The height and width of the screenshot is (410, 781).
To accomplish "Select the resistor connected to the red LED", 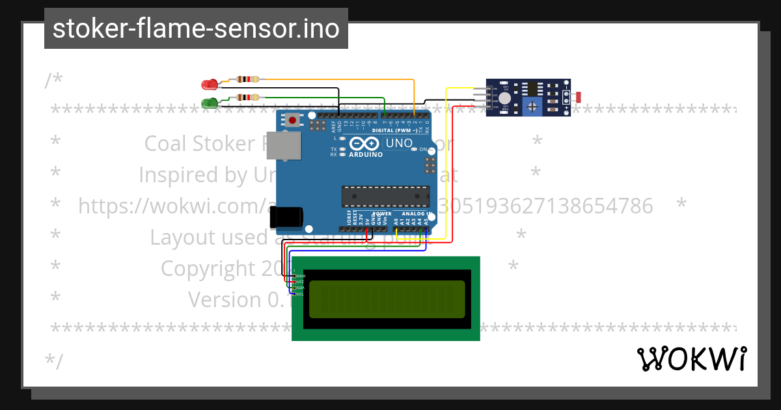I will coord(247,79).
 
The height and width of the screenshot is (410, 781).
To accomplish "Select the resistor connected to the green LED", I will coord(247,98).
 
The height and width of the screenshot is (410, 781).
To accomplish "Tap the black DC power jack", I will coord(287,217).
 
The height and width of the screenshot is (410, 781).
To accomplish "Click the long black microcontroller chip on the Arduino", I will coord(385,195).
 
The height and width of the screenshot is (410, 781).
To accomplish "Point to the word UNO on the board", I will coord(399,143).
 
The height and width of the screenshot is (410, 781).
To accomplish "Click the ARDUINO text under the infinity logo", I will coord(366,155).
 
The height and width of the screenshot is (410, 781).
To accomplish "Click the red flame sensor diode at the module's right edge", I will coord(578,97).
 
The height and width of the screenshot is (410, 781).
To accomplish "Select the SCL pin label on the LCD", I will coord(300,294).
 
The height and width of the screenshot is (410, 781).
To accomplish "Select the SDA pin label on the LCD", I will coord(300,288).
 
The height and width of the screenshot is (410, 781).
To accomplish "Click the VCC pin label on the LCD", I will coord(300,282).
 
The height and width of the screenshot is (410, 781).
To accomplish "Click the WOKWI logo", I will coord(691,359).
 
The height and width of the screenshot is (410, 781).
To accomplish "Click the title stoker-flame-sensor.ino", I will coord(196,29).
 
